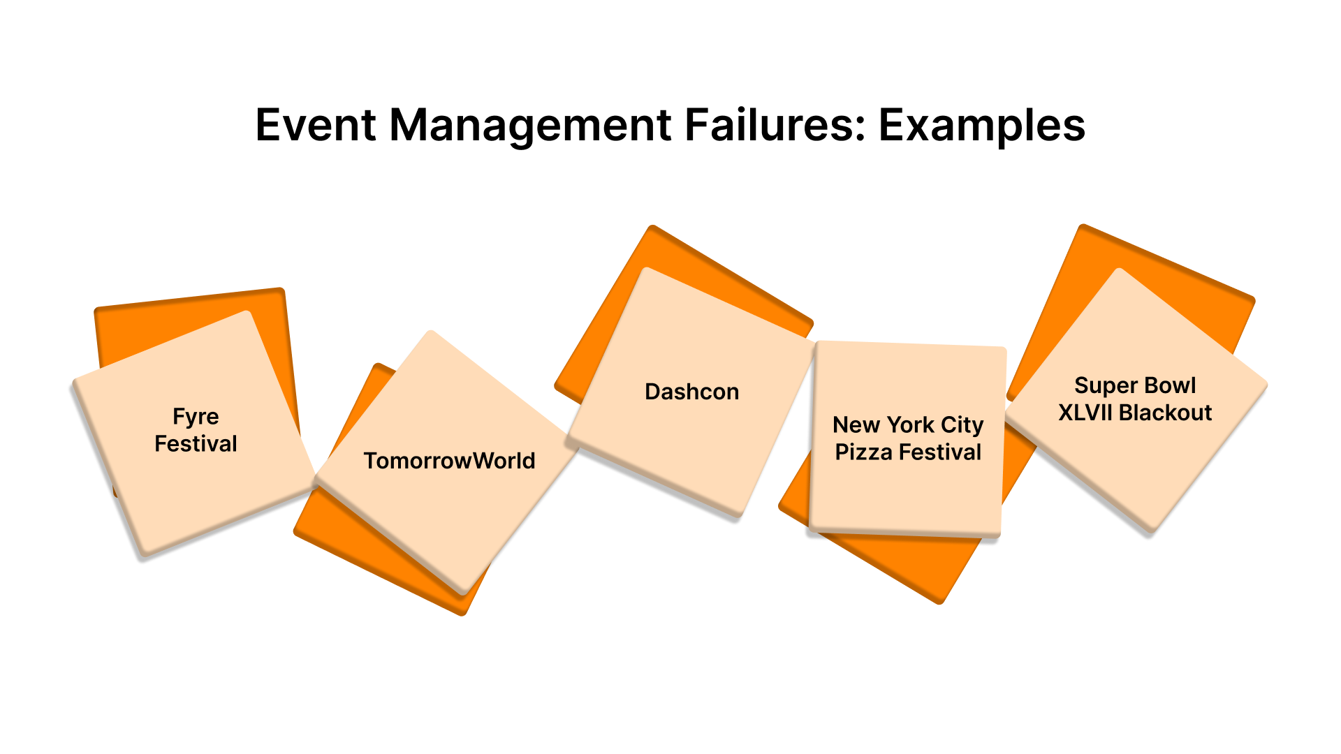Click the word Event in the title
(x=316, y=126)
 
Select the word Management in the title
(x=530, y=126)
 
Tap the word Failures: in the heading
(x=775, y=126)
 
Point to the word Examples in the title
(x=981, y=126)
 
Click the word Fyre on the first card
(x=196, y=417)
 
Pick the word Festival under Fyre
(x=196, y=444)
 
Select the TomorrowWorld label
(x=449, y=461)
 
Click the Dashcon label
(x=691, y=392)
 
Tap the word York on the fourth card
(x=909, y=424)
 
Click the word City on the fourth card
(x=962, y=424)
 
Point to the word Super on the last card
(x=1101, y=385)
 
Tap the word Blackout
(x=1165, y=413)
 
